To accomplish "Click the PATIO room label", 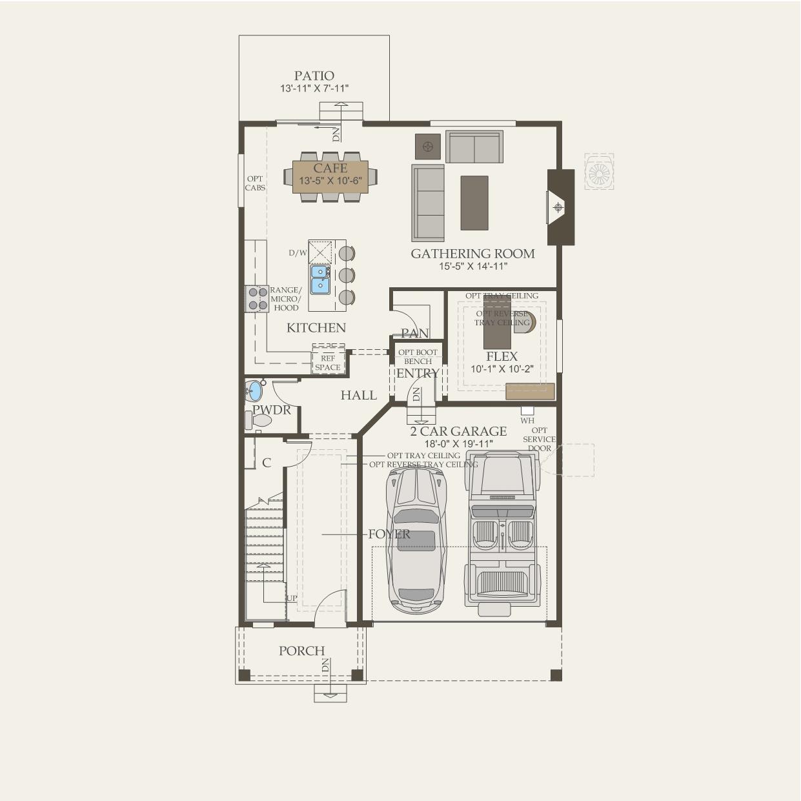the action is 314,76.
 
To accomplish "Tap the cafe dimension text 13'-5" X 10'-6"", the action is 330,181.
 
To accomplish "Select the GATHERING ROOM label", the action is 472,254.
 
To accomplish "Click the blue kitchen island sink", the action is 319,279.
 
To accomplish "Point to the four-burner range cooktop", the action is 257,298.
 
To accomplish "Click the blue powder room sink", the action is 254,390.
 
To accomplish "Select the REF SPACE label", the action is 327,363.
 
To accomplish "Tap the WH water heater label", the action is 527,421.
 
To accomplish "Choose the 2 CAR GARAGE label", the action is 458,431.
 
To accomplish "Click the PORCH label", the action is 301,651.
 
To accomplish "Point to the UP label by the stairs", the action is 292,598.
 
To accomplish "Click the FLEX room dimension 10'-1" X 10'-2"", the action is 502,369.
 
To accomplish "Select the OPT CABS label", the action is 255,183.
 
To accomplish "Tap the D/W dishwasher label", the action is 298,253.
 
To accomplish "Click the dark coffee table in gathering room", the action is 474,203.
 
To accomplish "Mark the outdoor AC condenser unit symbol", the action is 599,172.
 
